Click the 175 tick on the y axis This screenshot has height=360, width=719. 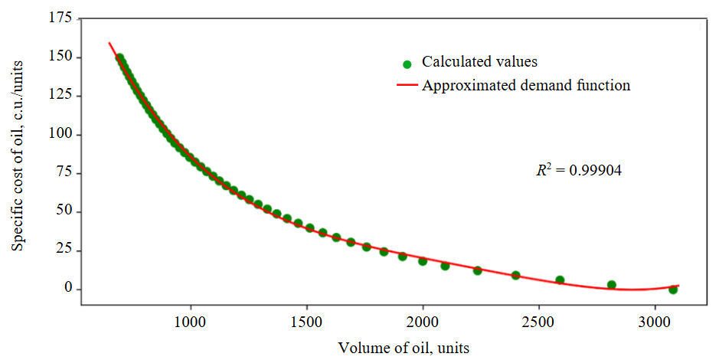(x=62, y=18)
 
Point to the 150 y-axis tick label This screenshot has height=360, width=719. (x=62, y=57)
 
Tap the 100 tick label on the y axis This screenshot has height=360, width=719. (x=62, y=135)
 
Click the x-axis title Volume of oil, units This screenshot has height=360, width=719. (x=404, y=347)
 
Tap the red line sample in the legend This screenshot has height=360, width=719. (x=407, y=86)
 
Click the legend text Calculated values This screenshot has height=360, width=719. (x=479, y=62)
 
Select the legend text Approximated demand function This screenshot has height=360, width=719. (x=526, y=86)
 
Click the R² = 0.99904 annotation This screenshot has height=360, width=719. (x=578, y=171)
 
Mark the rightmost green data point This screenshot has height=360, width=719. (x=673, y=290)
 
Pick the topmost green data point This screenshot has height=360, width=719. (x=119, y=57)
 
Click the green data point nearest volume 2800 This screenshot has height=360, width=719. (x=612, y=285)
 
